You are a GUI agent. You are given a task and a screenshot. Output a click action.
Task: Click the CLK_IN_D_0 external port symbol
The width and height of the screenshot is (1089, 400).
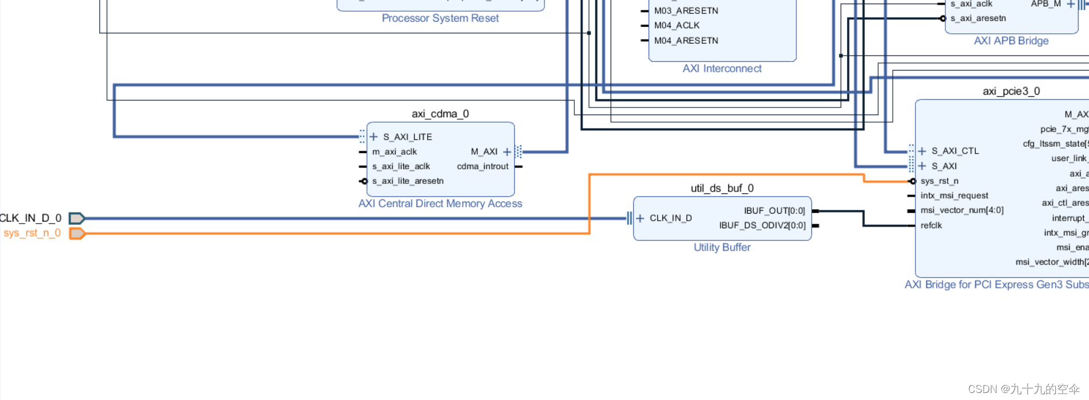pos(77,218)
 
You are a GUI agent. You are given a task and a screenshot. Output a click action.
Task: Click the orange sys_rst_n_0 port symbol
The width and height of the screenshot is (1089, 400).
pos(77,234)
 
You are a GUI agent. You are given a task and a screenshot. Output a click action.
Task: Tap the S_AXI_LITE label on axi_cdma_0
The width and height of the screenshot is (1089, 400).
pos(407,137)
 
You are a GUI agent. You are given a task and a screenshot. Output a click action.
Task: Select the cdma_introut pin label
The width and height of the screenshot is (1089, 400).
pos(483,166)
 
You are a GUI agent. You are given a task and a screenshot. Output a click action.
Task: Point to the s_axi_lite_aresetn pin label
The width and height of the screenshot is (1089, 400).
pos(408,181)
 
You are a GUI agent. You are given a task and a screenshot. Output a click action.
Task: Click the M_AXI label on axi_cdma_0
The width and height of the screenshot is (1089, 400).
pos(484,152)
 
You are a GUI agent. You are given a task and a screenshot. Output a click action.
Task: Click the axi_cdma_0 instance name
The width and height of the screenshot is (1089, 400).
pos(440,114)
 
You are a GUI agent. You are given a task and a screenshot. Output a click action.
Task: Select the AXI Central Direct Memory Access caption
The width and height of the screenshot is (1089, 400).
pos(440,204)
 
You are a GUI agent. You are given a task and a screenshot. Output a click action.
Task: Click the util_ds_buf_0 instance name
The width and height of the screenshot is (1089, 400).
pos(722,188)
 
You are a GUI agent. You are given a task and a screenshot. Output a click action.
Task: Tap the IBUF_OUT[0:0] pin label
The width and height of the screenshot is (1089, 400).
pos(774,211)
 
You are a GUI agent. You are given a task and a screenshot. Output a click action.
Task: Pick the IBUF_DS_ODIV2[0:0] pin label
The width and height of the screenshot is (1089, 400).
pos(762,225)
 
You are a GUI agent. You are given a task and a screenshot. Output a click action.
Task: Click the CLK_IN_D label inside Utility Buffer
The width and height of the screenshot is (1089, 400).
pos(671,218)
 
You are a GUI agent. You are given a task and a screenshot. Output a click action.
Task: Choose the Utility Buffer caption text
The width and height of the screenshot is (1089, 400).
pos(722,248)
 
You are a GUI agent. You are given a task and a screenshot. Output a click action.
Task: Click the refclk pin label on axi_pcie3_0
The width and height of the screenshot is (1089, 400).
pos(931,225)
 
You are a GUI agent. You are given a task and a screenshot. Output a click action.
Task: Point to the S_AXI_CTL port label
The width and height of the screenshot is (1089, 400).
pos(955,151)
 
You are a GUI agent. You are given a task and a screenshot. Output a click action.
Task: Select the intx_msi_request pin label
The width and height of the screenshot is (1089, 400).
pos(954,196)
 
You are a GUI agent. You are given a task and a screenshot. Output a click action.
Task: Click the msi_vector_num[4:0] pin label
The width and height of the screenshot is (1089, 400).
pos(962,210)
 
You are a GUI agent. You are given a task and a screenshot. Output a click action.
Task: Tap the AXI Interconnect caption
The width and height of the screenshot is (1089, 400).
pos(722,69)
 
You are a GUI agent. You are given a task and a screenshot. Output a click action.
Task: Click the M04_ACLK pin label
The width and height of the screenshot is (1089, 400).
pos(677,26)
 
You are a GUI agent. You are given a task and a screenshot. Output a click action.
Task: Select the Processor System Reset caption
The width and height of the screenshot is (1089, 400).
pos(440,19)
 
